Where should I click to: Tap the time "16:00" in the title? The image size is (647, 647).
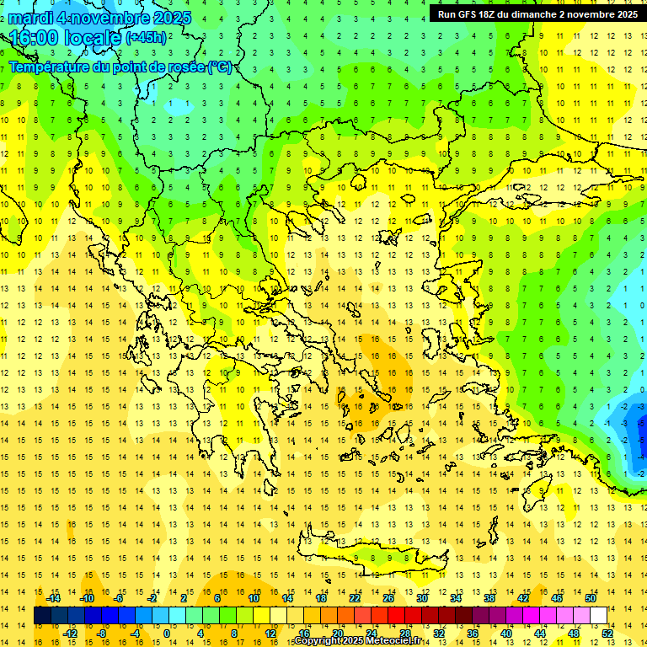33,38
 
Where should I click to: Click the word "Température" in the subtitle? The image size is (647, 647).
51,67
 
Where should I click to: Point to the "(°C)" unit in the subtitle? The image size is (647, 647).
220,67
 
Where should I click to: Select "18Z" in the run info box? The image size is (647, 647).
491,14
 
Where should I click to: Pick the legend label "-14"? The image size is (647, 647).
54,598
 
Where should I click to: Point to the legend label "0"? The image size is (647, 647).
167,634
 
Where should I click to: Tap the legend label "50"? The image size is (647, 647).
590,598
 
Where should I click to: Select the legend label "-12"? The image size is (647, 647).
71,634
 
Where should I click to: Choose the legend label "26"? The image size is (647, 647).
388,598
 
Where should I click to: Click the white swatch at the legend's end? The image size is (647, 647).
598,616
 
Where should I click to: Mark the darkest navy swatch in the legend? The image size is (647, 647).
42,616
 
